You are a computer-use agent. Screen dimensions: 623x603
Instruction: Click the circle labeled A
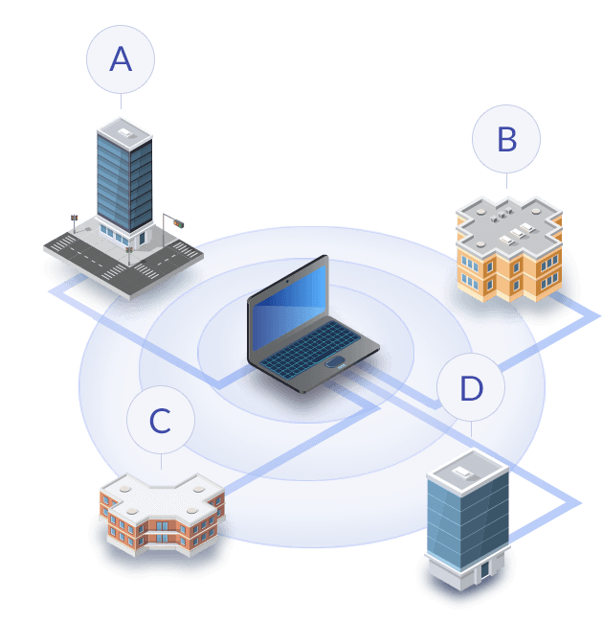click(x=121, y=59)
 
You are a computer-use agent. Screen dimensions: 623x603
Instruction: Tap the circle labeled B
click(x=506, y=140)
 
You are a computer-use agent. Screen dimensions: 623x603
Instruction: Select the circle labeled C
click(x=161, y=420)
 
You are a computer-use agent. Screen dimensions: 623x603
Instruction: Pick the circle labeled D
click(x=471, y=388)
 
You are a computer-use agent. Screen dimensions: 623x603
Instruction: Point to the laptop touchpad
click(x=335, y=362)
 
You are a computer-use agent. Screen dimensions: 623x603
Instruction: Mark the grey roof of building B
click(x=507, y=219)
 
